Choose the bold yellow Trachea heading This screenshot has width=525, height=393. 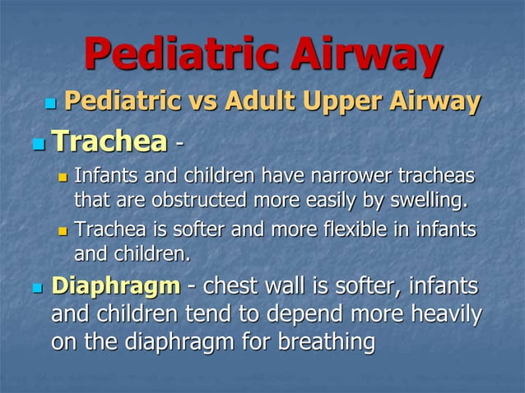tap(108, 141)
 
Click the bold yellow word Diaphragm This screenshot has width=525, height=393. tap(115, 287)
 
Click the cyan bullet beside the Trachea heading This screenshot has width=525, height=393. tap(36, 144)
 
